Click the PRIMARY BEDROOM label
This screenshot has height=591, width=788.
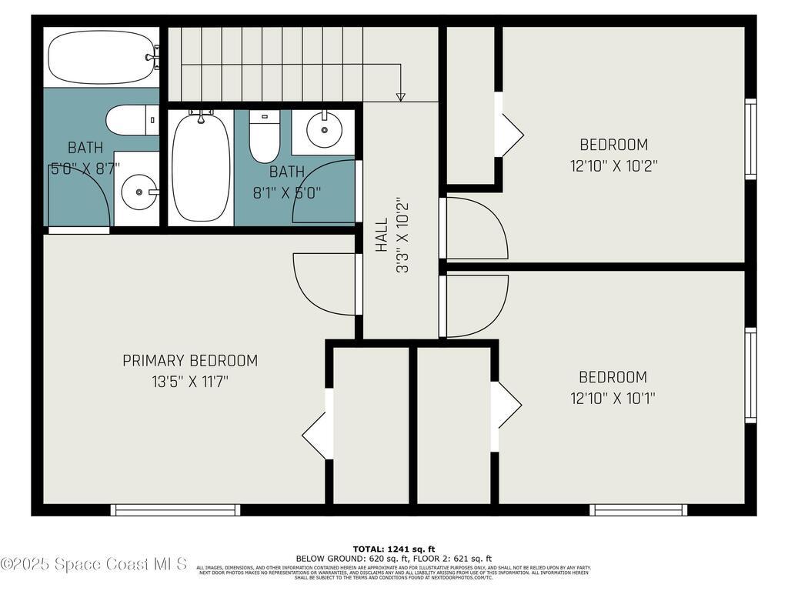pos(190,360)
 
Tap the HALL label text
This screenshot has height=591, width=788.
pos(382,235)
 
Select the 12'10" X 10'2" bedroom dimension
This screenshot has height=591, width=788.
pos(613,165)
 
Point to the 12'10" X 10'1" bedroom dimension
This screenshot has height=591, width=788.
pos(613,399)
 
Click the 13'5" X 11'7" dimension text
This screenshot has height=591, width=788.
pos(190,381)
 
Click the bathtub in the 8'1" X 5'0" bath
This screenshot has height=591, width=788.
pos(201,168)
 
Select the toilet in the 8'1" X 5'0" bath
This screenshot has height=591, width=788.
pos(264,136)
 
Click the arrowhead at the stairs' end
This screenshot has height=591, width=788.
pos(399,97)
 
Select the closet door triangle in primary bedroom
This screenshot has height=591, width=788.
pos(316,435)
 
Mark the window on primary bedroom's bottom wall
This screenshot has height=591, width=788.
pos(175,509)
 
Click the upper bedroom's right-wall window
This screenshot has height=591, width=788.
pos(750,139)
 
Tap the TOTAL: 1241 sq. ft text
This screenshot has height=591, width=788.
pos(393,549)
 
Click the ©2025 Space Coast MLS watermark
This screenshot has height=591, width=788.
pos(93,564)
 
